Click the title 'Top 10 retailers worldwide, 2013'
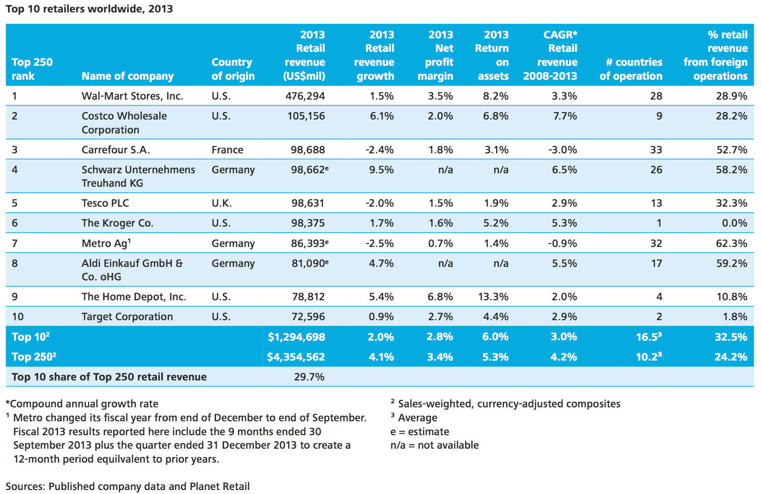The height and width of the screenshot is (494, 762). coord(89,9)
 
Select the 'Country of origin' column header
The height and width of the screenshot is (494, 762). coord(233,69)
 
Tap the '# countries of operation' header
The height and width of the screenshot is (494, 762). coord(631,69)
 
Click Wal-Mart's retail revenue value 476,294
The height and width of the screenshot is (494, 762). coord(305,96)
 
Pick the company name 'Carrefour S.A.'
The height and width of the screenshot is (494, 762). coord(116,150)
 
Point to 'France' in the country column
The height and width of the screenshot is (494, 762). coord(227,150)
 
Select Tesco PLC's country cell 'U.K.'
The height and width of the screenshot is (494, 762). coord(222,203)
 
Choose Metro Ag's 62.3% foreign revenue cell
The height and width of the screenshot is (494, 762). coord(732,243)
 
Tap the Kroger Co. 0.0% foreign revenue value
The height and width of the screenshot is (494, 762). coord(735,223)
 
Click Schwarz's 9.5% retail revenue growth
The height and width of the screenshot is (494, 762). coord(381,170)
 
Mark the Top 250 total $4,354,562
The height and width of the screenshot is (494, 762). coord(296,357)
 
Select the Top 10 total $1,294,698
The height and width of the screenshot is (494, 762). coord(296,337)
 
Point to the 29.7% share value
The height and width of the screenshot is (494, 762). coord(309,377)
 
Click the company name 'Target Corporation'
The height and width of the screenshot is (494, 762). coord(127,317)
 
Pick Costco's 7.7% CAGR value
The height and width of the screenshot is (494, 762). coord(565,116)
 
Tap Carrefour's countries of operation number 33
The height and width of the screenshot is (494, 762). coord(656,150)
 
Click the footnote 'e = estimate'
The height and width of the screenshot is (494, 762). coord(420,432)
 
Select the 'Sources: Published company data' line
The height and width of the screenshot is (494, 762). coord(127,487)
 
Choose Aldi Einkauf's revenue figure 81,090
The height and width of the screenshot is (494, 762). coord(310,263)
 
